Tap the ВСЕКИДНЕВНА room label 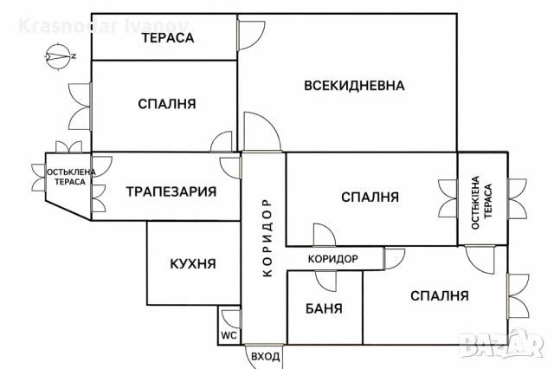click(355, 85)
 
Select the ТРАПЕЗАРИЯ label click(171, 191)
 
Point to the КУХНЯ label click(193, 264)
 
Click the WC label click(229, 334)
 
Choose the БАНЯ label click(325, 308)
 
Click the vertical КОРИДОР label click(267, 237)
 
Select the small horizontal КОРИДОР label click(333, 258)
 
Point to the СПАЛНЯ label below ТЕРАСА click(166, 104)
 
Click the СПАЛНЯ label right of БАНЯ click(440, 295)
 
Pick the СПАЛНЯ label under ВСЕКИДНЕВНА click(370, 197)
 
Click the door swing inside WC click(230, 317)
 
